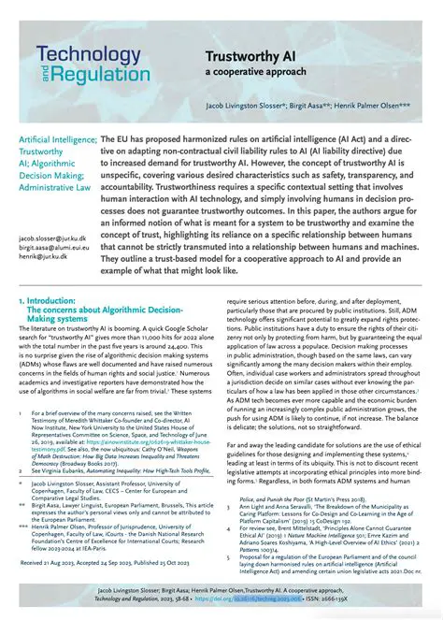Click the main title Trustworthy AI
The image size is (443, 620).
coord(267,58)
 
